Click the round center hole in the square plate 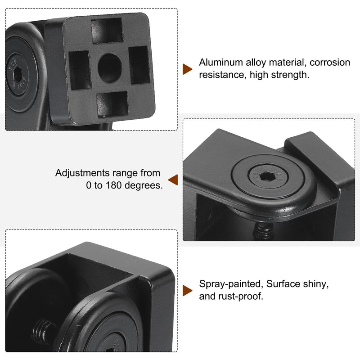[110, 68]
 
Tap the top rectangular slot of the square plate [107, 31]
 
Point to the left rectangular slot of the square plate [80, 70]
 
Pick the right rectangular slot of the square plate [139, 65]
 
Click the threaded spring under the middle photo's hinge [264, 231]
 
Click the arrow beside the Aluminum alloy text [187, 69]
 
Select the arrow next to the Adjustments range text [173, 180]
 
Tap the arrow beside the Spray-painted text [187, 291]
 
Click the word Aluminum [221, 63]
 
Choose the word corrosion [330, 63]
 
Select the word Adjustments [82, 173]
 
